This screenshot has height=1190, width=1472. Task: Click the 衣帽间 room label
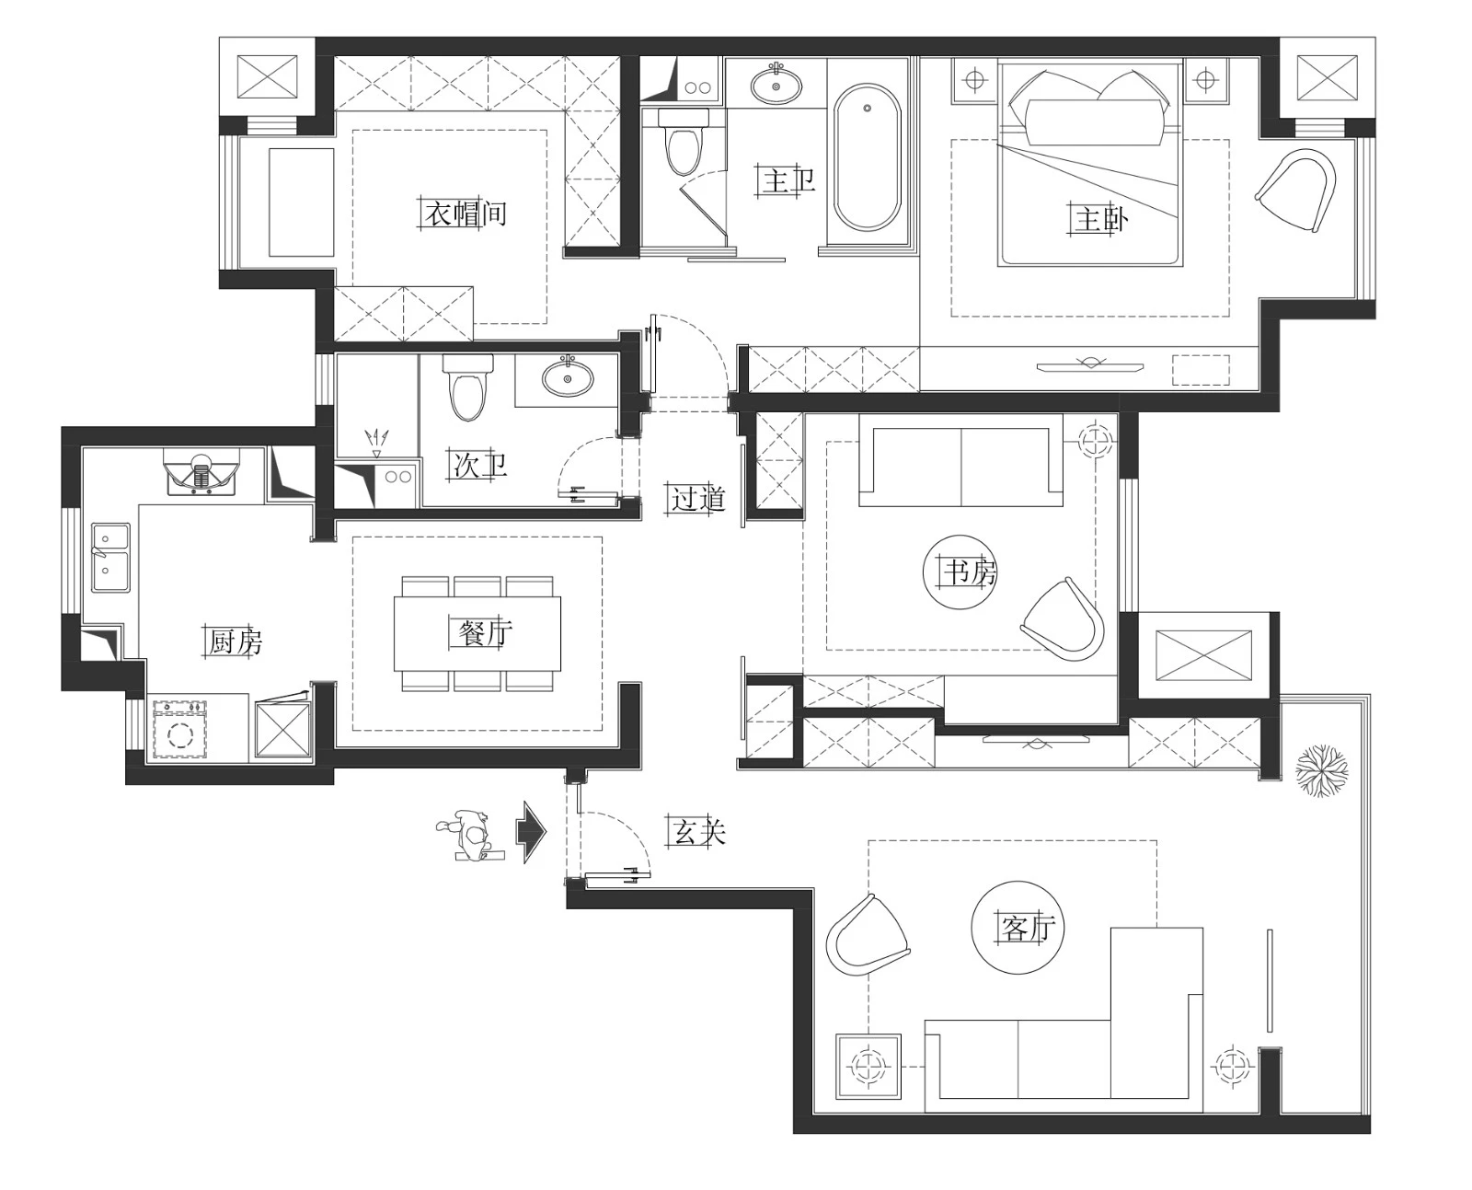click(x=466, y=214)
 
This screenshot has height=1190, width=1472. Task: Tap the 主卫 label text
click(x=788, y=181)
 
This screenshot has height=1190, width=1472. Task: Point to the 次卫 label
click(x=480, y=465)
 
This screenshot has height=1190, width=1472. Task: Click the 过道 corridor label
click(x=698, y=498)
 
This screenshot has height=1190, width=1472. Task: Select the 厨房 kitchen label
click(x=235, y=641)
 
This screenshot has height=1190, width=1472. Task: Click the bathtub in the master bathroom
click(x=868, y=158)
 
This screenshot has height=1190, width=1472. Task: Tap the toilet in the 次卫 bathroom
click(x=468, y=387)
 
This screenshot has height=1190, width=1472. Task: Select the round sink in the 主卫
click(x=776, y=85)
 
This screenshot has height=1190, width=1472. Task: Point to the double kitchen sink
click(x=110, y=558)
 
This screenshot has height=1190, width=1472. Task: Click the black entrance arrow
click(x=531, y=832)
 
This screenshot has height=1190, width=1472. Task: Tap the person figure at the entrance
click(x=471, y=836)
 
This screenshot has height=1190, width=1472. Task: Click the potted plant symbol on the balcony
click(x=1321, y=771)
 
